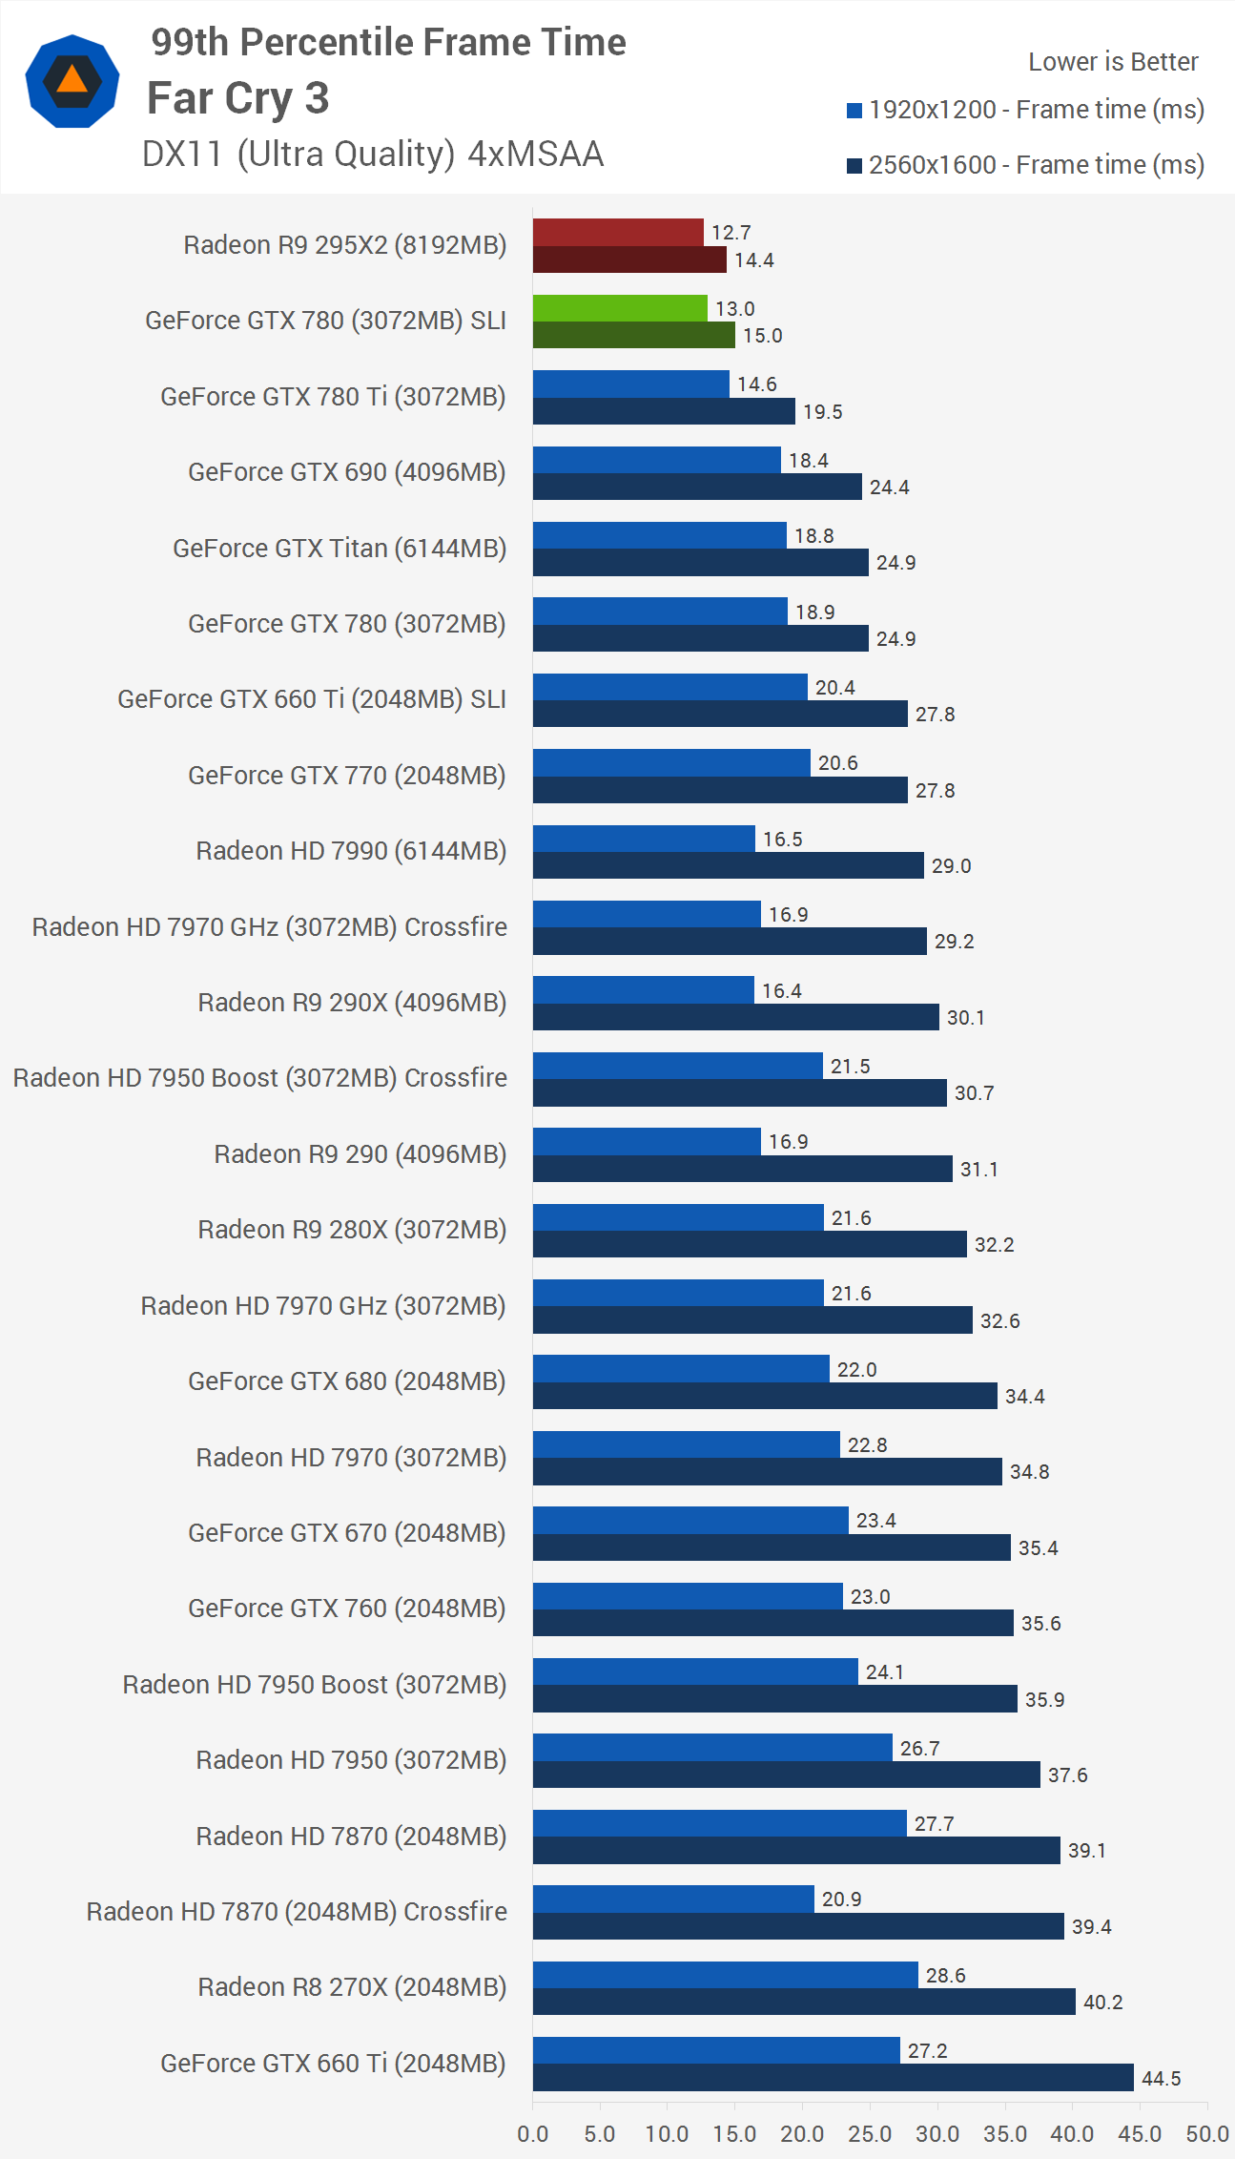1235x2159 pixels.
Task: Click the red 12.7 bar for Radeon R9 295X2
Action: point(618,232)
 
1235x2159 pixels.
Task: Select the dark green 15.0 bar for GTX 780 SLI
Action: point(633,335)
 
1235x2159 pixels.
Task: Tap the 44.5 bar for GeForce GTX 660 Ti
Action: point(833,2077)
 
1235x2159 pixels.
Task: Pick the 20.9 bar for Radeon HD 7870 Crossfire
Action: point(673,1899)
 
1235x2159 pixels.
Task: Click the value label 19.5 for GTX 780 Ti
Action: point(822,411)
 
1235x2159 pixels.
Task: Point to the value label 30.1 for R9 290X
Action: point(965,1017)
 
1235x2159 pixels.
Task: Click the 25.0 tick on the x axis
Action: point(870,2133)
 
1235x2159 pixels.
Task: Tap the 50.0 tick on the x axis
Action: point(1206,2133)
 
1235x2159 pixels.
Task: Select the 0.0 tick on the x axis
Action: point(532,2133)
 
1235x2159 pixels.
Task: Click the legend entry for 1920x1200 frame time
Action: point(1025,110)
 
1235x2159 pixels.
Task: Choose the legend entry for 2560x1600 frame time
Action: point(1025,165)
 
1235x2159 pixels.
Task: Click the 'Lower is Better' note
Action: point(1112,62)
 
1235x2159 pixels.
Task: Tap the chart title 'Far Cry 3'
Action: point(237,98)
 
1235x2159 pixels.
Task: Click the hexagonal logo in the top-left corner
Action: point(72,81)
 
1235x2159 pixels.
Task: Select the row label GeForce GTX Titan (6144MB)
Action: point(339,548)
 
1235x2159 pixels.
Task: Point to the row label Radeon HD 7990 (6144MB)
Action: point(350,850)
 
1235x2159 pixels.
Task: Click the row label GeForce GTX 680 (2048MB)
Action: point(346,1381)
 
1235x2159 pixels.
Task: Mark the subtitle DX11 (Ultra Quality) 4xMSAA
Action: point(372,154)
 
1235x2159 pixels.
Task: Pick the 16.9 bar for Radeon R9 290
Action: point(647,1141)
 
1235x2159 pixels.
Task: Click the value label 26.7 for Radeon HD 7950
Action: point(919,1748)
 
